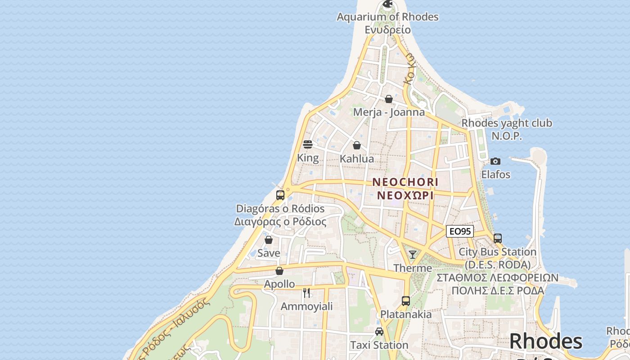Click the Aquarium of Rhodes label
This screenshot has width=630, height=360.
click(x=387, y=17)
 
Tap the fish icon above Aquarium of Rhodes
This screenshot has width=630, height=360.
click(x=387, y=4)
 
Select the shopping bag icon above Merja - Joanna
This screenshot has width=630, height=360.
click(x=389, y=99)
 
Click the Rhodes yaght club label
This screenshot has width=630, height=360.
click(x=507, y=123)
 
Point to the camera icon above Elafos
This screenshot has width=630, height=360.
click(x=495, y=161)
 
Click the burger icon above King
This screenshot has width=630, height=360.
click(x=308, y=144)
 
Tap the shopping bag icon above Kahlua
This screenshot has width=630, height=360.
click(x=357, y=145)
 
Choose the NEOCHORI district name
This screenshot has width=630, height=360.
click(x=405, y=182)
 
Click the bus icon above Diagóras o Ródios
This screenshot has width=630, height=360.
click(x=280, y=195)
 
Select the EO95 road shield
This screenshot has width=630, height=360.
click(x=460, y=231)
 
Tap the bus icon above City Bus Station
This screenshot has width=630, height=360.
click(x=497, y=238)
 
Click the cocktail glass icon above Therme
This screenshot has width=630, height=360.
click(x=412, y=255)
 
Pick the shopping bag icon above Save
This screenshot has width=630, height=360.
click(x=269, y=240)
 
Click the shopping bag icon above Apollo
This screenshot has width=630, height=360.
click(x=279, y=271)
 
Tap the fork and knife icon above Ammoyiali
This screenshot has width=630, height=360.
click(x=306, y=293)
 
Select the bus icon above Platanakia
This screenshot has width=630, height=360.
click(x=406, y=301)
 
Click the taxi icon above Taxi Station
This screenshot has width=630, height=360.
click(x=379, y=332)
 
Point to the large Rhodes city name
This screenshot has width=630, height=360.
click(x=545, y=342)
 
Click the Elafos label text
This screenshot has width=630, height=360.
click(x=496, y=174)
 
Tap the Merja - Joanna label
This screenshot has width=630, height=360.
click(x=389, y=112)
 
